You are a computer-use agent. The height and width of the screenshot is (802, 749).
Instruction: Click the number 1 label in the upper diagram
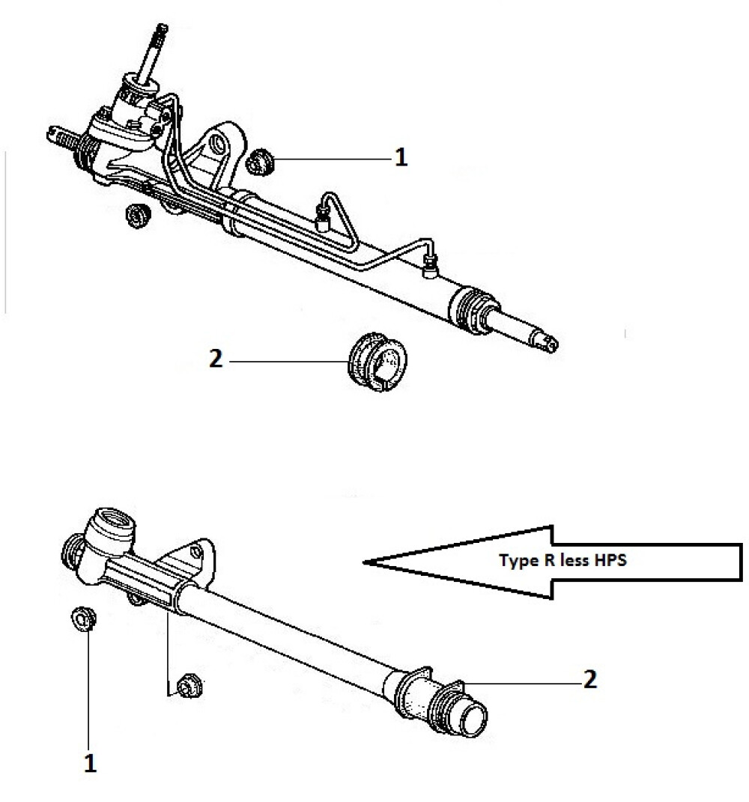401,157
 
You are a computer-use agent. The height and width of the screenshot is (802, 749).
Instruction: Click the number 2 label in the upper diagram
216,359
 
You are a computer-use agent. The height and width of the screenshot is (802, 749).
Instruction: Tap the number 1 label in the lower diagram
90,763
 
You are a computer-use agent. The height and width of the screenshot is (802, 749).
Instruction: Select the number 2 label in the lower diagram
590,679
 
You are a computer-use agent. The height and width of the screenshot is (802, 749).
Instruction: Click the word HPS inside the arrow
610,560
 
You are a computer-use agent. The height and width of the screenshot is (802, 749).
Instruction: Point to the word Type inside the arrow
519,561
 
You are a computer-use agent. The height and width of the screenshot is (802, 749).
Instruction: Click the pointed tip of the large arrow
364,562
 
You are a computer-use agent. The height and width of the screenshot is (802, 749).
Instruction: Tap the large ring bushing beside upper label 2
377,362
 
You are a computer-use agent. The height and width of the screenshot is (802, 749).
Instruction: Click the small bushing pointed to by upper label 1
261,162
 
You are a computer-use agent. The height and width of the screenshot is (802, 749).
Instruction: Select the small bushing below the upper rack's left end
137,216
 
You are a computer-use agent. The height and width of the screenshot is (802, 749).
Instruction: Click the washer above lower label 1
83,619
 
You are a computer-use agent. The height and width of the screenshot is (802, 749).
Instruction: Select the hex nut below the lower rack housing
189,686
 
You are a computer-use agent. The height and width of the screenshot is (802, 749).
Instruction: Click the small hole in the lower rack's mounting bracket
194,551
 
